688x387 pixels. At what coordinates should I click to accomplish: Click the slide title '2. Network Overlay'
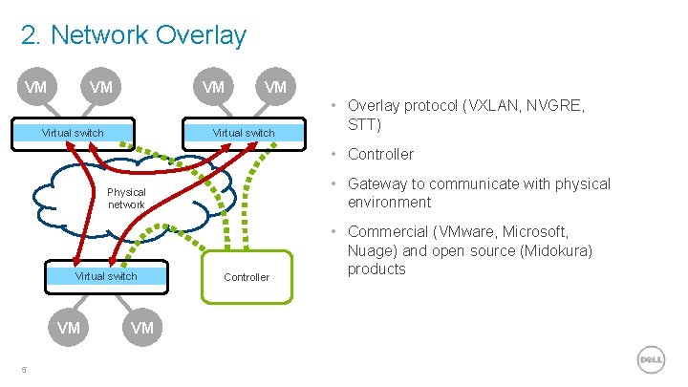click(x=133, y=35)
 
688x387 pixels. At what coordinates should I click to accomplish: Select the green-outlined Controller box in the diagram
click(x=247, y=277)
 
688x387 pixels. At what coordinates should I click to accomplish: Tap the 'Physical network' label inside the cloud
click(x=126, y=199)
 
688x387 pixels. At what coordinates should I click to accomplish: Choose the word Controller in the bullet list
click(x=380, y=154)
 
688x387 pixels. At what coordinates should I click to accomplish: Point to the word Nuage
click(x=371, y=250)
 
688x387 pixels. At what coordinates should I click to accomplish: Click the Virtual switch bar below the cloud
click(x=106, y=276)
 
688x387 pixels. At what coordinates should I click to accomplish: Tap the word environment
click(x=389, y=203)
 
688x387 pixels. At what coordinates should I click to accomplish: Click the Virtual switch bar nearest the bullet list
click(x=243, y=133)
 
